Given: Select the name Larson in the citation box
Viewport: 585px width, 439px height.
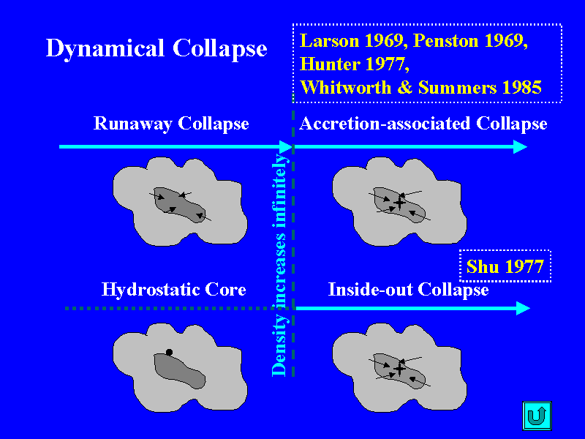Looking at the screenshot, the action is click(330, 41).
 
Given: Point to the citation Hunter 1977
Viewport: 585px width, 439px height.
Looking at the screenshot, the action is click(355, 64).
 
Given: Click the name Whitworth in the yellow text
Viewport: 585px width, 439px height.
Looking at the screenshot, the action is click(345, 87).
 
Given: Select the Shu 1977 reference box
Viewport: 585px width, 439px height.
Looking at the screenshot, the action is click(505, 266).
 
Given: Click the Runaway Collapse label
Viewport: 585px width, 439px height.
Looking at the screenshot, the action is click(171, 124).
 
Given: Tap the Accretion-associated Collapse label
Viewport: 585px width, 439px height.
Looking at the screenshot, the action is click(423, 124).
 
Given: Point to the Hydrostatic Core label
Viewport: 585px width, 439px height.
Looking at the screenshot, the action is click(173, 289).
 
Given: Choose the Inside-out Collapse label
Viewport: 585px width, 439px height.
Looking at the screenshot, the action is click(408, 290).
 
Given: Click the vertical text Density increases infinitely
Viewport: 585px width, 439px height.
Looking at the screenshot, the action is click(279, 265).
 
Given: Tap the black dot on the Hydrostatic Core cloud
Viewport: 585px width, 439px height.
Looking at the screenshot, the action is click(169, 352).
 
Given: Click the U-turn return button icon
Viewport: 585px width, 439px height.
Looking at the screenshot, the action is click(537, 416).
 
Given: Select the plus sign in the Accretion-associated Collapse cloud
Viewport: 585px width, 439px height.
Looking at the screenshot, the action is click(399, 203).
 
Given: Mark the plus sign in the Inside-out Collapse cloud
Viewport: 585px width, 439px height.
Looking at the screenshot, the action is click(399, 369).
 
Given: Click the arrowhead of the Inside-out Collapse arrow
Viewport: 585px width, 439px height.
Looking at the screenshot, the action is click(524, 308).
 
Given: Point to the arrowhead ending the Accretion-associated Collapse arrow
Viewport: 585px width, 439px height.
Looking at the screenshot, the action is click(521, 147).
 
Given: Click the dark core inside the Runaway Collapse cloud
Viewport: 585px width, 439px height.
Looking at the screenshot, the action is click(179, 205).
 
